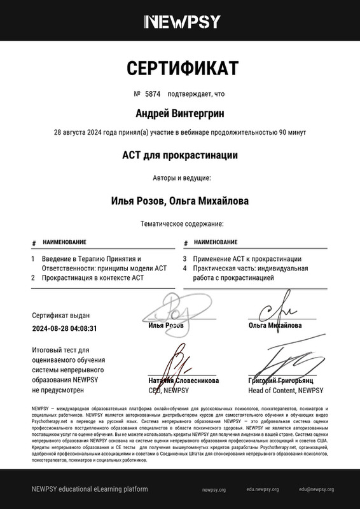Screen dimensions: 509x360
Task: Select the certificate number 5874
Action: [151, 94]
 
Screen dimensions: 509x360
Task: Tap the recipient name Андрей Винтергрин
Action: [180, 113]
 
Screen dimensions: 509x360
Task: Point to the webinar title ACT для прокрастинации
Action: [180, 155]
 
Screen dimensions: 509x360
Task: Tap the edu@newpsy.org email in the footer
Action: [317, 489]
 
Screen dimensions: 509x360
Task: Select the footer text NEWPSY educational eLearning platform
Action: [90, 489]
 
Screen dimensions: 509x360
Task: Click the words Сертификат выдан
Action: [60, 315]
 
